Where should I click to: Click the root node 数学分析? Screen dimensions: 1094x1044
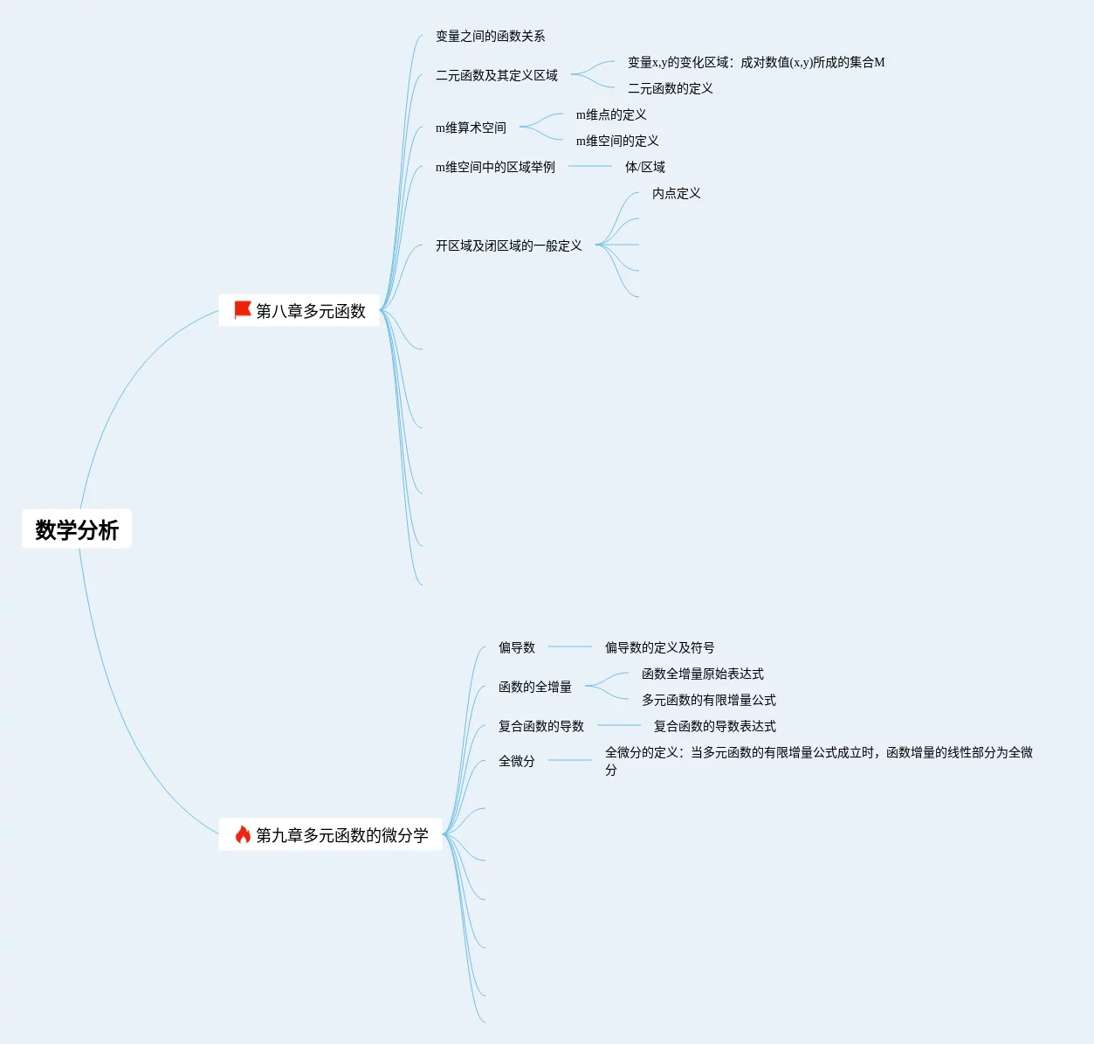coord(77,529)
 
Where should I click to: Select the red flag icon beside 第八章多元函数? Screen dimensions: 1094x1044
coord(242,310)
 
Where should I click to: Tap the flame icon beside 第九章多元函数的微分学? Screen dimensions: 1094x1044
coord(243,834)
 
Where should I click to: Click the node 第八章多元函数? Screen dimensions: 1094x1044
coord(310,311)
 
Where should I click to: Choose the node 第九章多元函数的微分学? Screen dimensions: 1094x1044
coord(341,835)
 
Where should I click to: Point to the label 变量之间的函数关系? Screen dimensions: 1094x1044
coord(490,36)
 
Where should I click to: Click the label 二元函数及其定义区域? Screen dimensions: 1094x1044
coord(496,75)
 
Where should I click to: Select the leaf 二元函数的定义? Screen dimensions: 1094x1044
coord(670,88)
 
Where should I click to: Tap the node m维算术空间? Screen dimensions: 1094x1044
coord(471,128)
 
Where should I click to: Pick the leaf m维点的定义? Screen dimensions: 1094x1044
coord(611,114)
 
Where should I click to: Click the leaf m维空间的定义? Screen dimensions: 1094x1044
coord(617,141)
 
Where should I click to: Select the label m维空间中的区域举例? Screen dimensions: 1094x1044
coord(495,167)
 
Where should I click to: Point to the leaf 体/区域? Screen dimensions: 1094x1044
coord(644,167)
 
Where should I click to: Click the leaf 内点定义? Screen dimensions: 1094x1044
coord(676,193)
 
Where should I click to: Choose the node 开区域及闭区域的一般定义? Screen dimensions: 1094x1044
coord(508,245)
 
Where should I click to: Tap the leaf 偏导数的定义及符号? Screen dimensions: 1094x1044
coord(659,647)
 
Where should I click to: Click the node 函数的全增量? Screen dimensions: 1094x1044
coord(534,687)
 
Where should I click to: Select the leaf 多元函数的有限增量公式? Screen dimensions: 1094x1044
coord(708,700)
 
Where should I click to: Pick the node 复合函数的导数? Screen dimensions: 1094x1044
coord(540,726)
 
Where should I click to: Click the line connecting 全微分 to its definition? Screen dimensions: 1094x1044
coord(569,760)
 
